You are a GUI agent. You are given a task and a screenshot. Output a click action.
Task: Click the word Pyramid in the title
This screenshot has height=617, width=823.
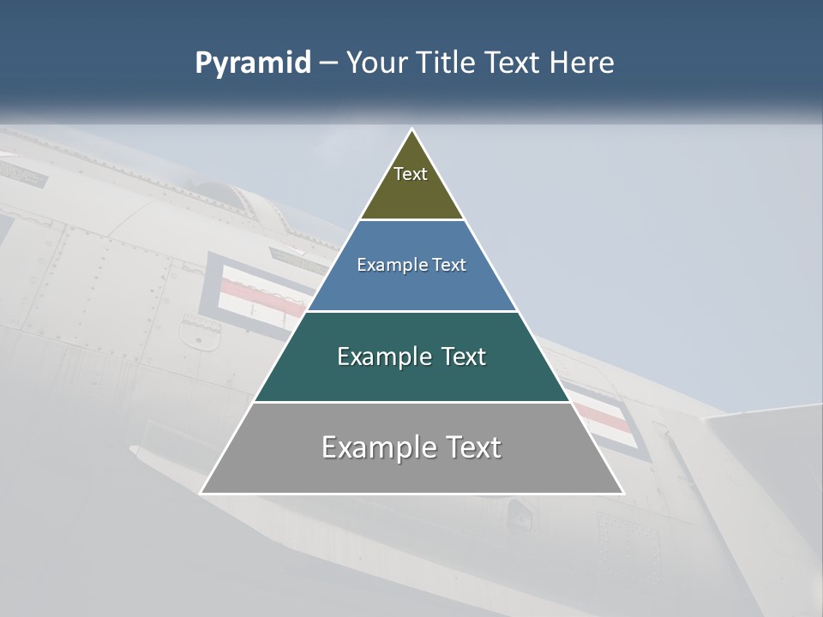coord(252,63)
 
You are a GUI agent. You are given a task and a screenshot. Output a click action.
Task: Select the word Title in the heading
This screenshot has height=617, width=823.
coord(447,63)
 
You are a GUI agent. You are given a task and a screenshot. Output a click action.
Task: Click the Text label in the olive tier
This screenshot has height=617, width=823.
coord(411,174)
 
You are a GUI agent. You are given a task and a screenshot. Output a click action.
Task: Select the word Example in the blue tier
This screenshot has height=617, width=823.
coord(387,266)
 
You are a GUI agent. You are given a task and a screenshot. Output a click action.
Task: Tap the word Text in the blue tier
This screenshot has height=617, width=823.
coord(449,266)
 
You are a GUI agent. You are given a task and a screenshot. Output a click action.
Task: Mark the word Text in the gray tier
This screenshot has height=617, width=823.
coord(472,448)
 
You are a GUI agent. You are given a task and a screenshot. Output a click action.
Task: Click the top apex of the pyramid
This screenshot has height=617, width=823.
coord(412,129)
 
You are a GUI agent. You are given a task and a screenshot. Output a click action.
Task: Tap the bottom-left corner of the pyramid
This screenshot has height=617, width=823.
coord(201,493)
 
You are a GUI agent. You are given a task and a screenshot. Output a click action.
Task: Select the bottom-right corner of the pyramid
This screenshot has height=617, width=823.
coord(622,493)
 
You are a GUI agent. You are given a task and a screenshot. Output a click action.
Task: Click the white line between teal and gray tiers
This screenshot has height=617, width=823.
coord(411,402)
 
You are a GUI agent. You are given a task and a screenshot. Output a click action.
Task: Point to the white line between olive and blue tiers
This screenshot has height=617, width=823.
coord(411,219)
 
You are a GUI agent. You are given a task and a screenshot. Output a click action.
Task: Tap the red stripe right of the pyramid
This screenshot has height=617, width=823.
coord(600,415)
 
